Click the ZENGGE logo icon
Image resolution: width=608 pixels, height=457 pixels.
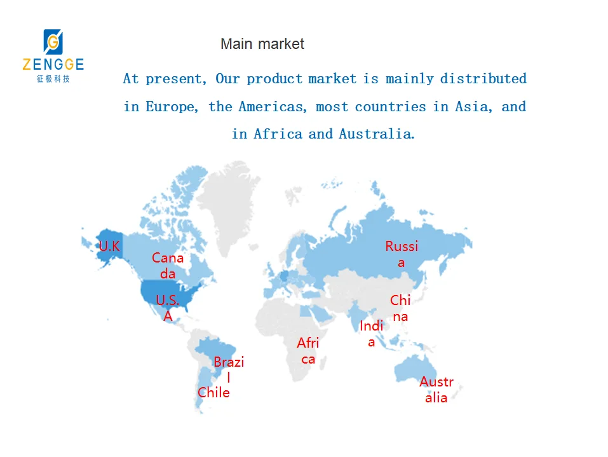pyautogui.click(x=53, y=42)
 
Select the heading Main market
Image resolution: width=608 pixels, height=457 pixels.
pyautogui.click(x=262, y=44)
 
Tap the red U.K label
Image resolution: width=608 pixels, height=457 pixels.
pyautogui.click(x=109, y=246)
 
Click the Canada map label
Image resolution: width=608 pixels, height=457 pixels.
pyautogui.click(x=168, y=266)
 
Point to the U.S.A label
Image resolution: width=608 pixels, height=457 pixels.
pyautogui.click(x=168, y=308)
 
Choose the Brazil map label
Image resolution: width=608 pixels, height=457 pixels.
pyautogui.click(x=229, y=369)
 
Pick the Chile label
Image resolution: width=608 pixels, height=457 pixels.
pyautogui.click(x=213, y=392)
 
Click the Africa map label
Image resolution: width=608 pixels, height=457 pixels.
pyautogui.click(x=308, y=351)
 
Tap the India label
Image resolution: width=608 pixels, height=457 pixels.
pyautogui.click(x=372, y=334)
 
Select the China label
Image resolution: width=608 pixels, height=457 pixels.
pyautogui.click(x=400, y=308)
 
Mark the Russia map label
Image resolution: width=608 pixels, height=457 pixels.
pyautogui.click(x=402, y=254)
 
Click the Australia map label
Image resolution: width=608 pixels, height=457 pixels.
pyautogui.click(x=436, y=390)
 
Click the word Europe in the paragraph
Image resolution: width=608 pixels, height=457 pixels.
pyautogui.click(x=172, y=107)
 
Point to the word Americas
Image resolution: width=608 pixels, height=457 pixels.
pyautogui.click(x=272, y=107)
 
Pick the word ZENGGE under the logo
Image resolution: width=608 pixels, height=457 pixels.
pyautogui.click(x=53, y=64)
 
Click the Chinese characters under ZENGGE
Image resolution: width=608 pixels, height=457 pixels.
pyautogui.click(x=53, y=79)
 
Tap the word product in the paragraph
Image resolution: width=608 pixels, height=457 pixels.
pyautogui.click(x=274, y=79)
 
